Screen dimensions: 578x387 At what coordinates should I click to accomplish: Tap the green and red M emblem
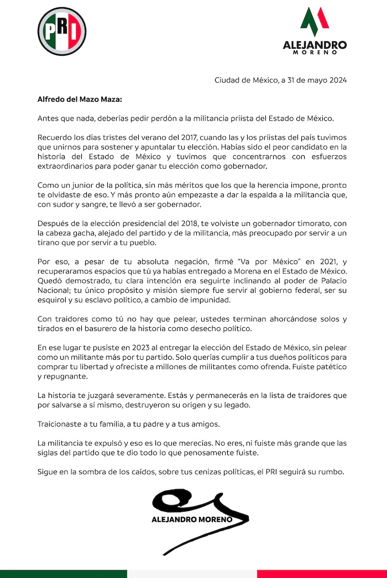(315, 22)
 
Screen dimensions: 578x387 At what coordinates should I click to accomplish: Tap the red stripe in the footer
(322, 574)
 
